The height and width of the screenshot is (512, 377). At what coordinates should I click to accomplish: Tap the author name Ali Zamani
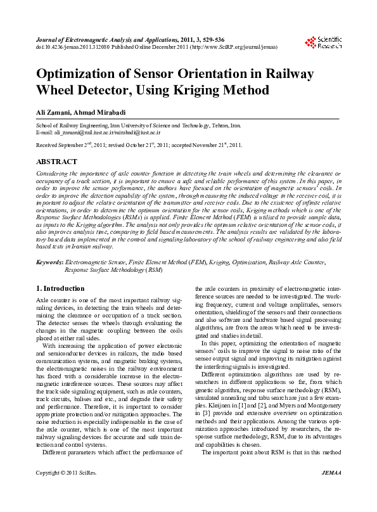pos(51,112)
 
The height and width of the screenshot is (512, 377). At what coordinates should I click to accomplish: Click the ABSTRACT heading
pos(56,162)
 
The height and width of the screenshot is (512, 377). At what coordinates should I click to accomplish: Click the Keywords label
pos(49,262)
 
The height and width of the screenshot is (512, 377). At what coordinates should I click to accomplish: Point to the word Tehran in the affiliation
pos(216,127)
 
